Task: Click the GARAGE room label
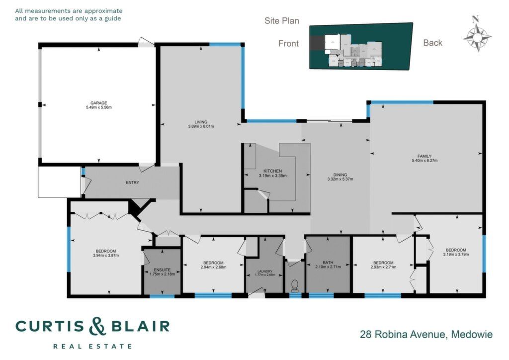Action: [99, 103]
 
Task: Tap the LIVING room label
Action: [201, 122]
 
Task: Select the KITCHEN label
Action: [273, 171]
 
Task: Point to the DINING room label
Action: [340, 175]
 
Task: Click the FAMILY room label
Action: [424, 156]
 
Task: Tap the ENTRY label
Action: [132, 183]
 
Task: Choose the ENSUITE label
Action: [163, 270]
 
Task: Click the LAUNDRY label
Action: [265, 271]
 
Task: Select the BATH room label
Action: [328, 263]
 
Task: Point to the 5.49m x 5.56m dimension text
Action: [99, 107]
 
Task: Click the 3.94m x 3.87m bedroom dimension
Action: [106, 256]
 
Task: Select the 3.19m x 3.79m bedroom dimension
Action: [456, 255]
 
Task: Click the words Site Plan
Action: [282, 21]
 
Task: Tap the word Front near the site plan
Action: [288, 43]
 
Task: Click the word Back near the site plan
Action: [433, 43]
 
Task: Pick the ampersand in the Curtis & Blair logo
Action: [97, 326]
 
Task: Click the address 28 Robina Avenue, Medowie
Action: [426, 334]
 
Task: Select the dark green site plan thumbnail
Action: [361, 46]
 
